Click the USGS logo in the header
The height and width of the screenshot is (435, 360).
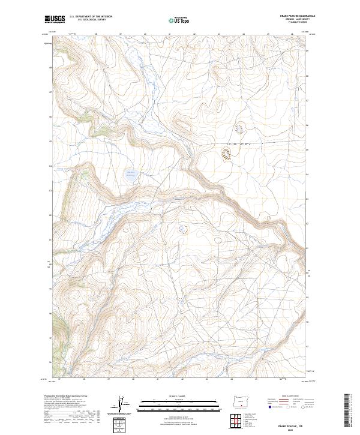(55, 19)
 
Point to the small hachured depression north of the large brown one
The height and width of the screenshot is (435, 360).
(239, 128)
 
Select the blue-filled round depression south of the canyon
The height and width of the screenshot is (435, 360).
(183, 229)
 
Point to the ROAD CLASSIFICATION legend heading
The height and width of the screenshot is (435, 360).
(290, 397)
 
